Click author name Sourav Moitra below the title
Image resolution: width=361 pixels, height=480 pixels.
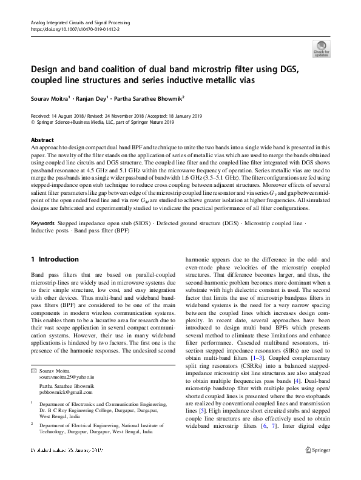click(52, 98)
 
